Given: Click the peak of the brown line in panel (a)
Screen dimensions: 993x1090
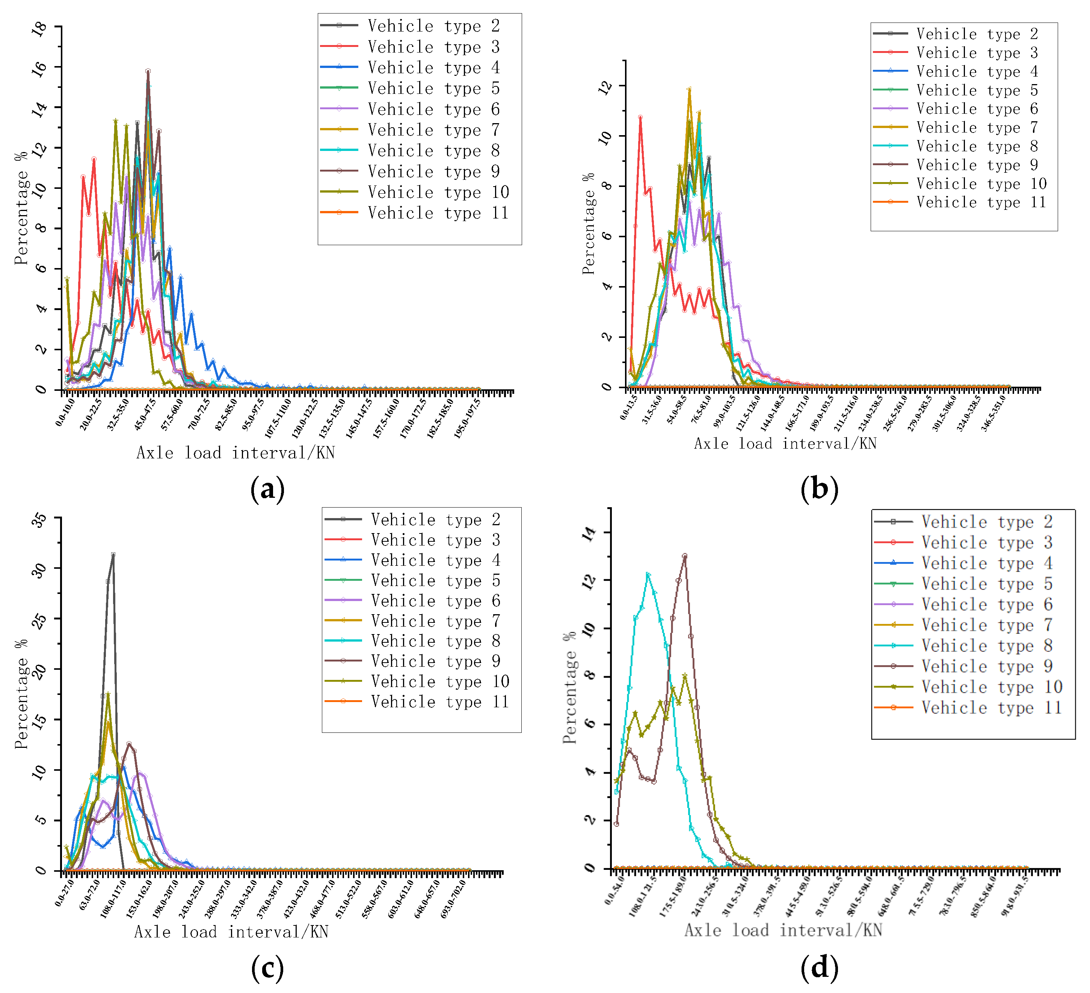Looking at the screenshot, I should (x=148, y=71).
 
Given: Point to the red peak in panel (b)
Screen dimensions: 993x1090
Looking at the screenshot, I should (x=640, y=117).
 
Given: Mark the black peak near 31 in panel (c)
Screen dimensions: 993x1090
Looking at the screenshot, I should (x=112, y=554).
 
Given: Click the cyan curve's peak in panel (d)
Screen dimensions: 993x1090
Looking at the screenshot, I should (x=648, y=574).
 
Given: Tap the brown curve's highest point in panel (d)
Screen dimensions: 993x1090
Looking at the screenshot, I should (x=684, y=556).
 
